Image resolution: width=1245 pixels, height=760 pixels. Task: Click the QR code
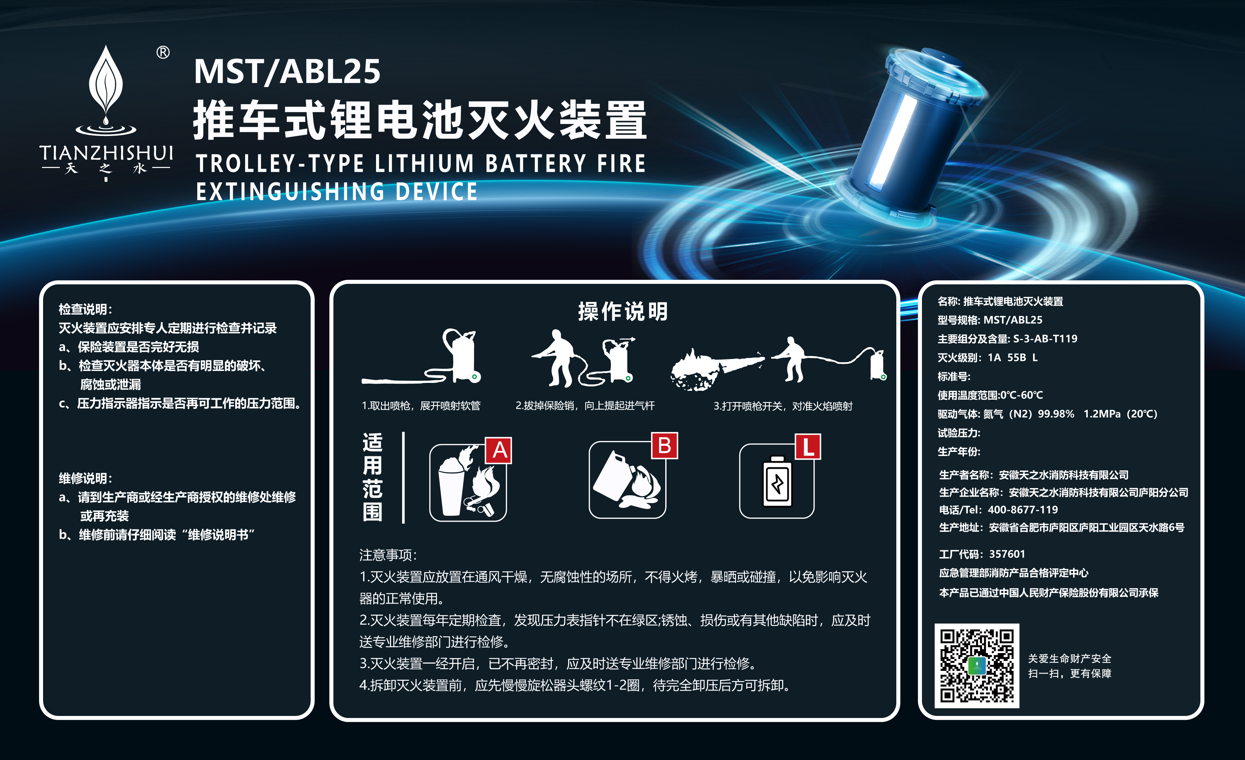[976, 666]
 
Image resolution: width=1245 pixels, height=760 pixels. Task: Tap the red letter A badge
[499, 450]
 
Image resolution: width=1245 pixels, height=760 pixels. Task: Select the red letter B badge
[664, 446]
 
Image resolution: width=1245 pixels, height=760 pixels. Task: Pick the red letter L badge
[807, 447]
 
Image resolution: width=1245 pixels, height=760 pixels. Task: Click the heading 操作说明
[622, 311]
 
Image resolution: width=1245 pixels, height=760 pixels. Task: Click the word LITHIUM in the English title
[424, 164]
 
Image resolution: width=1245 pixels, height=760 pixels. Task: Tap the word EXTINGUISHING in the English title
[290, 192]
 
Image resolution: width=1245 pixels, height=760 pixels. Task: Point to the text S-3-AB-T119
[1045, 339]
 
